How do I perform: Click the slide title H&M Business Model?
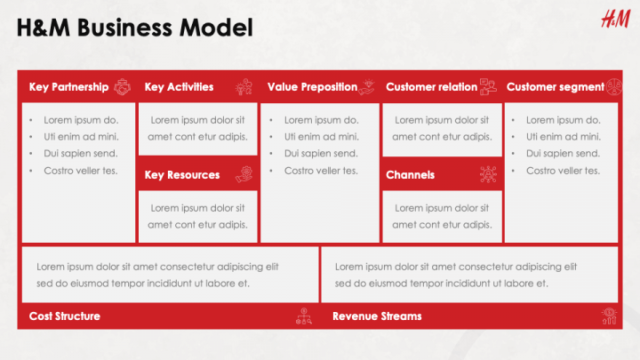(134, 28)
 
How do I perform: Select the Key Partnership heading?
(68, 87)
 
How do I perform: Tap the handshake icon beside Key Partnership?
(124, 87)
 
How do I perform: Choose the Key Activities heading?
(179, 87)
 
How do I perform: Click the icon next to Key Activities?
(244, 87)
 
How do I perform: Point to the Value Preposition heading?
(312, 87)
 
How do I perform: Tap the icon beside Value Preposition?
(370, 87)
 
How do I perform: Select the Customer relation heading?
(431, 87)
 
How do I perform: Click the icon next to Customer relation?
(488, 87)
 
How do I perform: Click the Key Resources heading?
(182, 175)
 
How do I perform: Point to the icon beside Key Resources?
(244, 175)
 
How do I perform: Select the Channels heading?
(410, 175)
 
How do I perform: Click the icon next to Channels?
(488, 175)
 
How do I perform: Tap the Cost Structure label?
(64, 316)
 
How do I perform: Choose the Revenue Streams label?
(377, 316)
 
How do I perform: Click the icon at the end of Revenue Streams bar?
(609, 316)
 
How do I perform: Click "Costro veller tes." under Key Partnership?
(80, 171)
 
